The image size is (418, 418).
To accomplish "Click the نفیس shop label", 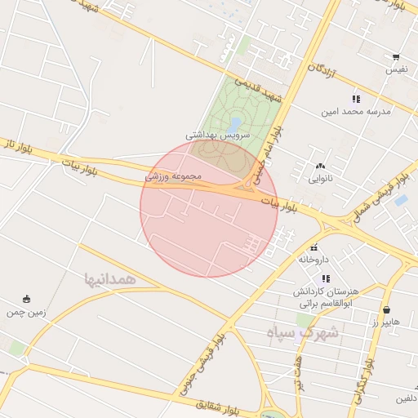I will coord(397,70).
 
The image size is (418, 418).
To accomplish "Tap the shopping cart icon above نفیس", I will coord(396,57).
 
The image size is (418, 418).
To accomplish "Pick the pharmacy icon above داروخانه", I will coord(313,247).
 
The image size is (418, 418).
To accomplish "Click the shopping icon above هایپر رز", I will coord(385,310).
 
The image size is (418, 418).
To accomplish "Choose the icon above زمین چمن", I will coord(26,299).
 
